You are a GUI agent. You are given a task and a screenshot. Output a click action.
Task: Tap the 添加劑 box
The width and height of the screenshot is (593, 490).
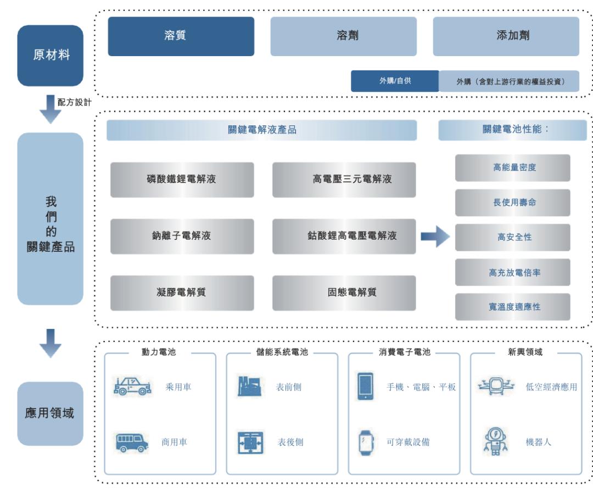click(506, 36)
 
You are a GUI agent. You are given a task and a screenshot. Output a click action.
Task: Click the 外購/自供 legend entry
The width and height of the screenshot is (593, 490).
click(395, 81)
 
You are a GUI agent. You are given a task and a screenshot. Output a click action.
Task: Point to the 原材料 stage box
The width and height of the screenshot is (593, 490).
click(51, 56)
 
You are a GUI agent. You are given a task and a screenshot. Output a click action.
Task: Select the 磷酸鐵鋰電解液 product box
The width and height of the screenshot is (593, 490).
click(182, 179)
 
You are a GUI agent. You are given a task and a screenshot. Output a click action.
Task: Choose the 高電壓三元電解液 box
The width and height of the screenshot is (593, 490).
click(344, 179)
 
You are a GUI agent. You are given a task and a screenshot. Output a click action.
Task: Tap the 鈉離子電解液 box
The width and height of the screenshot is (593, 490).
click(182, 236)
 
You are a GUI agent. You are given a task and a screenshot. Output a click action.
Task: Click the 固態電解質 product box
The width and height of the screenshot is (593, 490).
click(344, 293)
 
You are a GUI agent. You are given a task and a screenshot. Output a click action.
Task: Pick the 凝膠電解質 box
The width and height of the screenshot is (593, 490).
click(182, 293)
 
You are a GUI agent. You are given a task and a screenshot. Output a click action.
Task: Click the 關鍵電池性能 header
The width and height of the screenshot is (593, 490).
click(512, 130)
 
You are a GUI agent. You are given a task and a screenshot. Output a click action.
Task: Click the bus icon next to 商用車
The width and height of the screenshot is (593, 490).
click(131, 442)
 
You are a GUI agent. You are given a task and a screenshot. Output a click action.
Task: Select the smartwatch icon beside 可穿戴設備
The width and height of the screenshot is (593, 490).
click(365, 442)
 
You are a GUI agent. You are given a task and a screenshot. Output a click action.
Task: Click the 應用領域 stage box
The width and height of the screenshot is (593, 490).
click(51, 413)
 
